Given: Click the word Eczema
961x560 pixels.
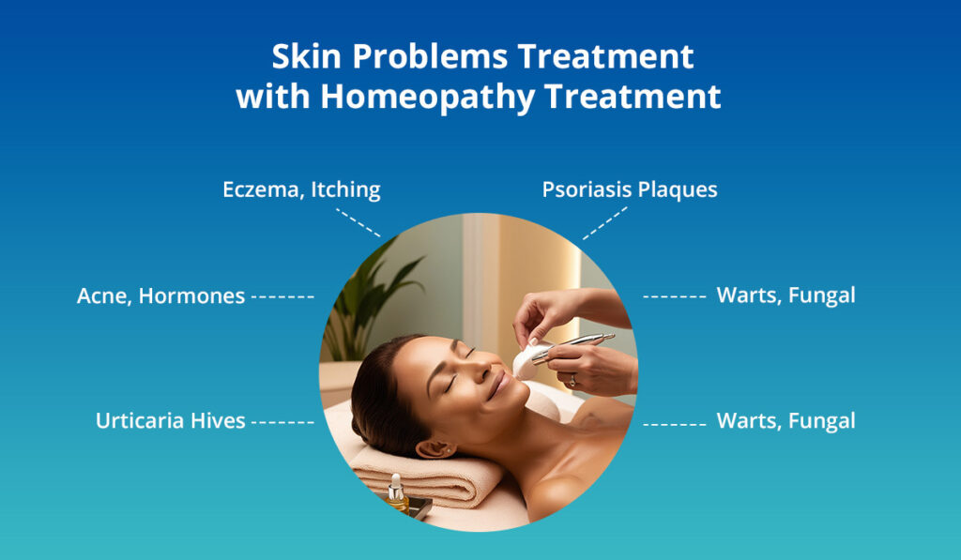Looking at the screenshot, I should [260, 190].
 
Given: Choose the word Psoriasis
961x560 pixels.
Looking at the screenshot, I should [587, 189].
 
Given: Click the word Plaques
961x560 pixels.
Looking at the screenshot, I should [678, 189].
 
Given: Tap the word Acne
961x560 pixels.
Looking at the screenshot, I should [104, 296].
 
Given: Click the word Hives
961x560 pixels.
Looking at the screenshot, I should [222, 421].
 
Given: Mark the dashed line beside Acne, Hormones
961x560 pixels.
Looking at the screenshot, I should [282, 296].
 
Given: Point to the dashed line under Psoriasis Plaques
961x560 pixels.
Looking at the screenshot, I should [604, 223].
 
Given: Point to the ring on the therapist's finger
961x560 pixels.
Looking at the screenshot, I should [572, 380].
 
